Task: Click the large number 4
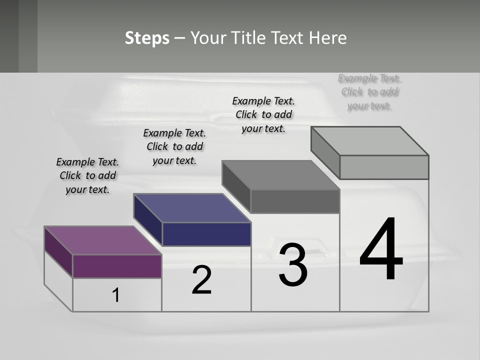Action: pos(381,250)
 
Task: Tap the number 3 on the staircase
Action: pos(293,265)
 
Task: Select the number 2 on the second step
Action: pos(201,280)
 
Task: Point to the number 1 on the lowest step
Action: pos(115,295)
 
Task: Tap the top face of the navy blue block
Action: pos(192,208)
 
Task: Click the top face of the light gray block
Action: pos(370,141)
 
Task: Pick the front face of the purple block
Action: pos(117,266)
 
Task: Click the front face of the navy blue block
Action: pos(206,234)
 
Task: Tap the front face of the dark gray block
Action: pos(295,201)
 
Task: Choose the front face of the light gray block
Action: pos(384,167)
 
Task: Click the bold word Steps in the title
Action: pos(147,38)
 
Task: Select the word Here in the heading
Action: pos(328,38)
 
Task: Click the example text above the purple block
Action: pos(87,175)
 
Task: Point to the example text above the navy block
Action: pos(174,146)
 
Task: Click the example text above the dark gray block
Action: pos(263,114)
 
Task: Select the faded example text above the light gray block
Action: pos(369,91)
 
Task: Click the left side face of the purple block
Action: pos(58,252)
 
